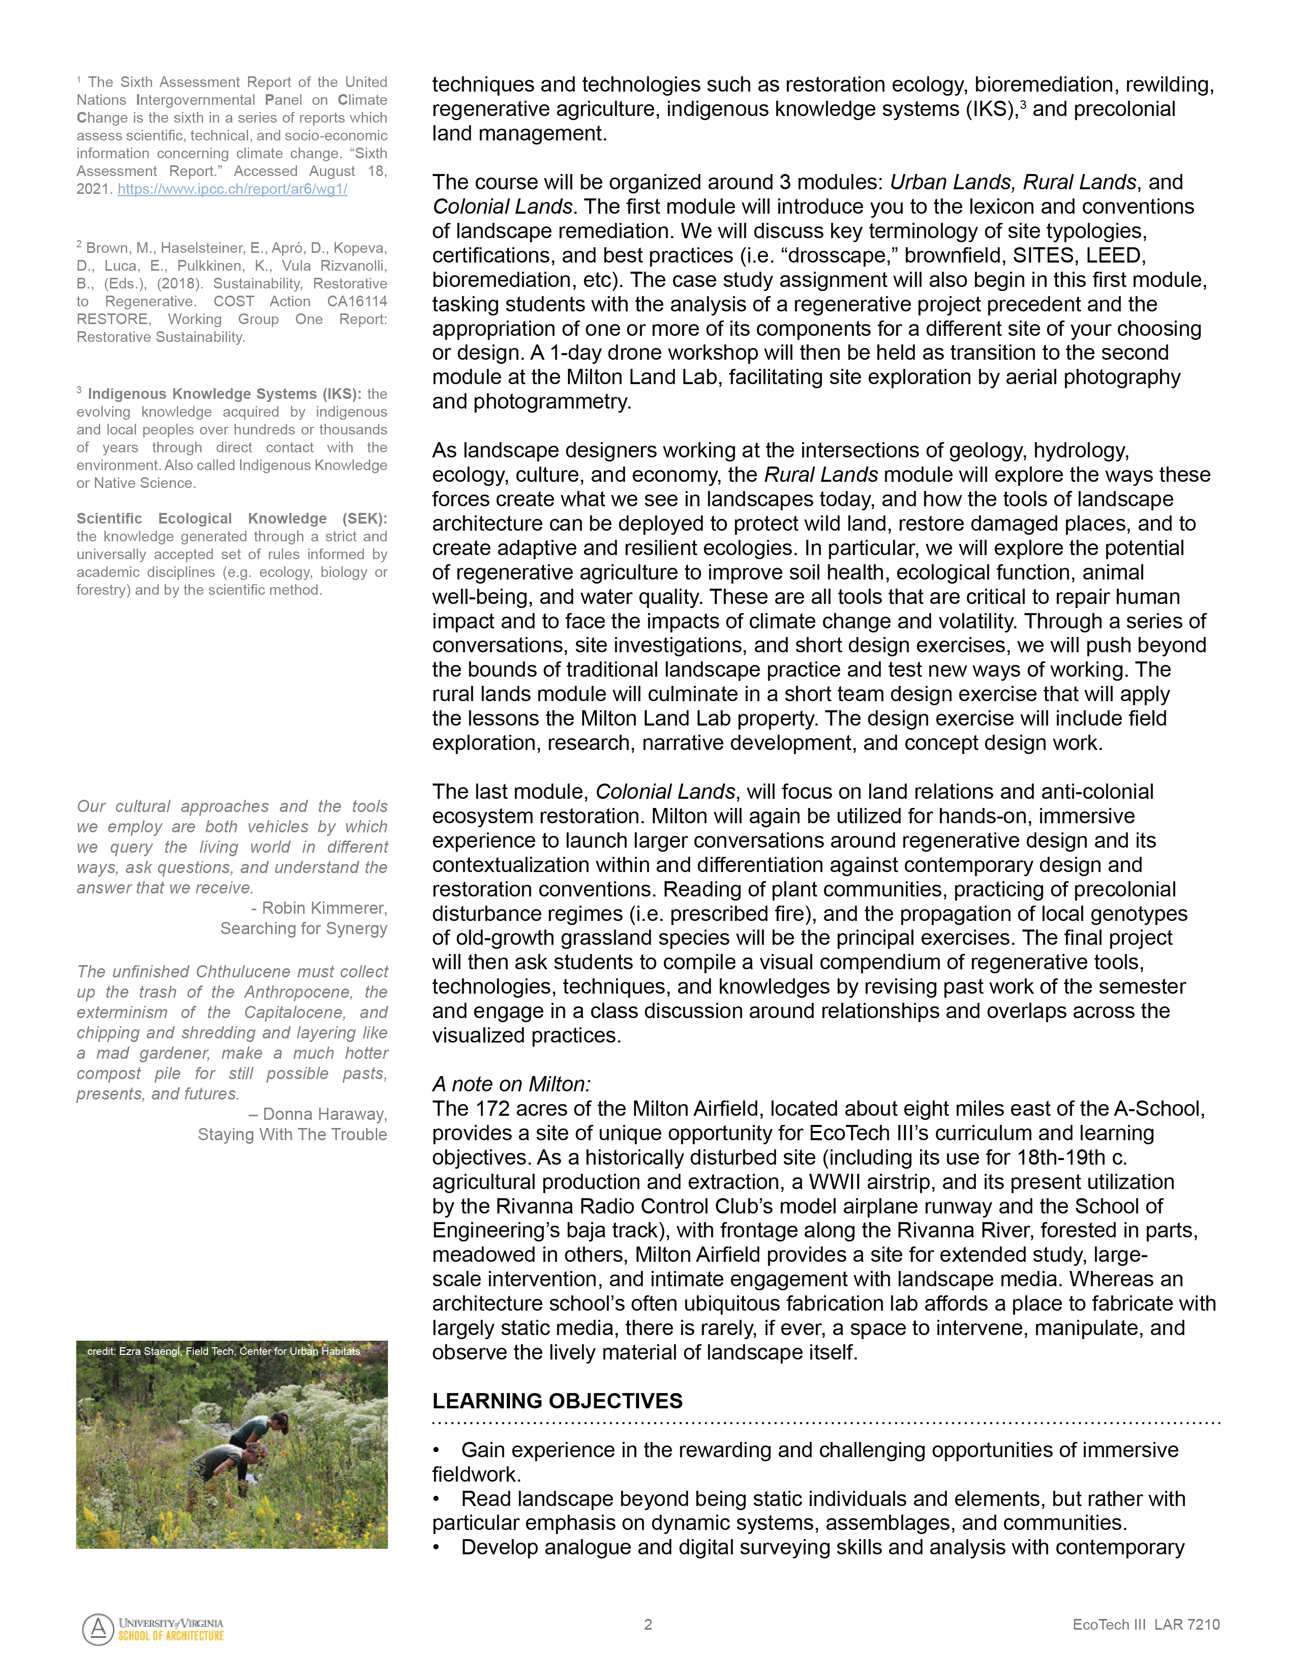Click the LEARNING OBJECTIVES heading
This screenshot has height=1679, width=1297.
(557, 1401)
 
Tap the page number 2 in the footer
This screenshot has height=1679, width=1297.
(648, 1625)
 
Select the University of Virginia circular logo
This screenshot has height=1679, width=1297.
(98, 1629)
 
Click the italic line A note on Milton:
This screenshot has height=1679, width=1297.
(511, 1084)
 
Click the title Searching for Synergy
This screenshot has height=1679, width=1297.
(304, 929)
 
